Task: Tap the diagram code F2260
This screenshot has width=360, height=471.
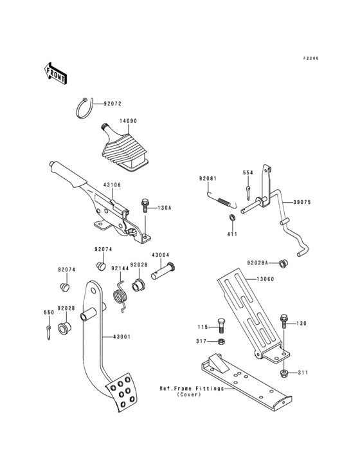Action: (311, 59)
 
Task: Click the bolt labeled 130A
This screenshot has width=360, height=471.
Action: (145, 208)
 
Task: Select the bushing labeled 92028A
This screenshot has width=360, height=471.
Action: (284, 263)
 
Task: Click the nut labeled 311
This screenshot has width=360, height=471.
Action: (283, 373)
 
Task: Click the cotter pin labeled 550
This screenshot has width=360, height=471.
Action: (49, 331)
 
